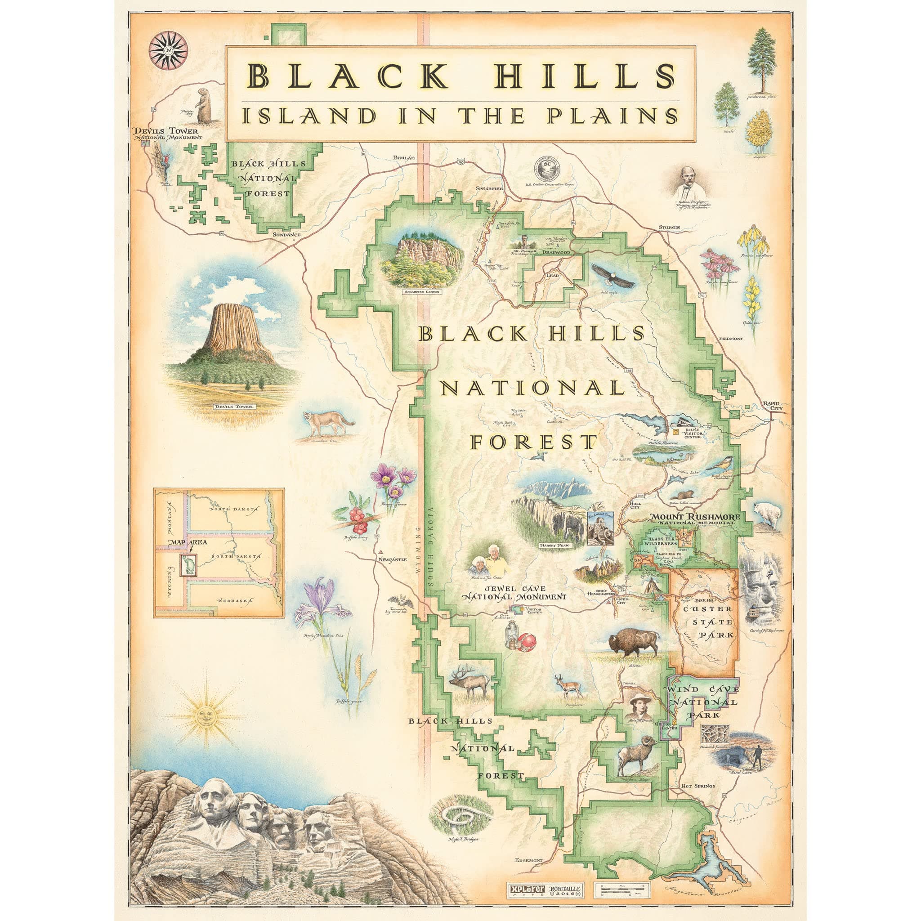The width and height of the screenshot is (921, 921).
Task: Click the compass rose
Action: tap(168, 50)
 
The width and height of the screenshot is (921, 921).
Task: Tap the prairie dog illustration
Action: tap(204, 106)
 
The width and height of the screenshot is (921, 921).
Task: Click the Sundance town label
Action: tap(286, 235)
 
